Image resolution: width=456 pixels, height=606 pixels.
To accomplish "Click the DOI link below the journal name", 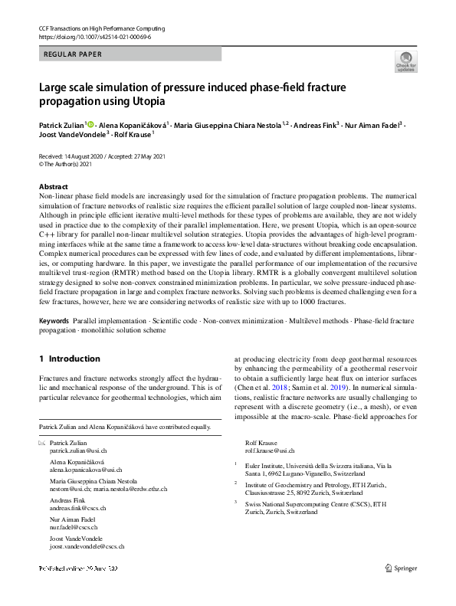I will click(x=94, y=36).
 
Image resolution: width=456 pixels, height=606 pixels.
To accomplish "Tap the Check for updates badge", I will click(x=406, y=63).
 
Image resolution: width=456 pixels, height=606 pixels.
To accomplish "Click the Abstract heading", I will click(x=54, y=187).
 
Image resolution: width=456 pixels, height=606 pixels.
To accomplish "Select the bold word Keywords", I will click(x=54, y=319).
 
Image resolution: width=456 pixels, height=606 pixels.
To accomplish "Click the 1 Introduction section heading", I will click(x=69, y=359).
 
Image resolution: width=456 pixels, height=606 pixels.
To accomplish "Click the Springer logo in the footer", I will click(x=400, y=568).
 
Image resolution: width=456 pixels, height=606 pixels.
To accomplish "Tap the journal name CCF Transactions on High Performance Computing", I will click(x=101, y=28).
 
